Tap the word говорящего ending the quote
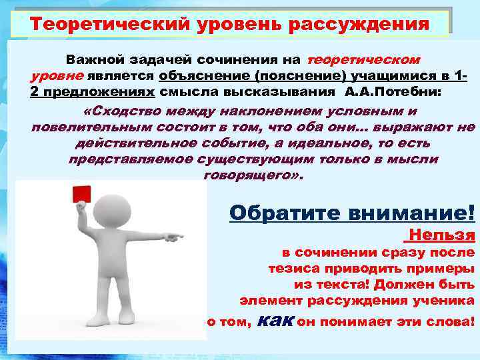(x=249, y=175)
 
